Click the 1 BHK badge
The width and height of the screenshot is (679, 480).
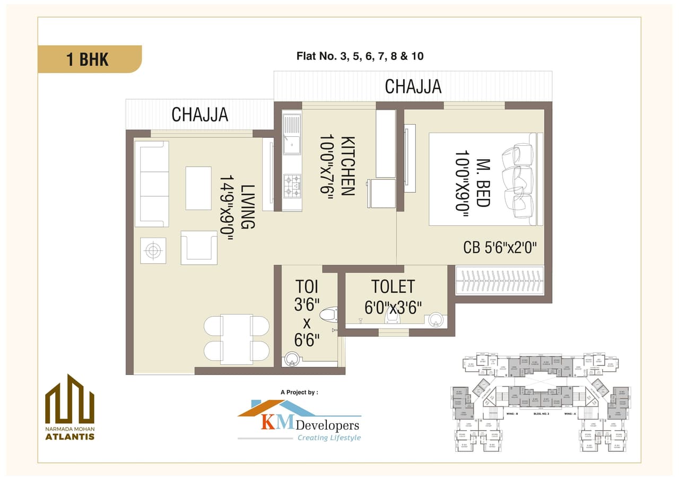(x=88, y=59)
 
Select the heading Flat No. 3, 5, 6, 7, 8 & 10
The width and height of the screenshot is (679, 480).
(x=360, y=56)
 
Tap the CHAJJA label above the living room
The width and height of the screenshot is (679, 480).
(x=200, y=114)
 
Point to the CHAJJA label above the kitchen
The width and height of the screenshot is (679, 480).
(x=413, y=86)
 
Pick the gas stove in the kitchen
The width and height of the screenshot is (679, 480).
(x=292, y=186)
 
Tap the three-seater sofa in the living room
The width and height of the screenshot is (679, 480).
(x=152, y=184)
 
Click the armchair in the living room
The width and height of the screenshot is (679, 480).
(x=199, y=247)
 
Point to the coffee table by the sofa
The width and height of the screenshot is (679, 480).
(x=198, y=188)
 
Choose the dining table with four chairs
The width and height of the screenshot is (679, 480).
(x=237, y=339)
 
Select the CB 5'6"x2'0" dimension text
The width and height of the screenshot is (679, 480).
(x=500, y=247)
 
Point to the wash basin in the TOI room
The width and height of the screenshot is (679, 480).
(x=291, y=359)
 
